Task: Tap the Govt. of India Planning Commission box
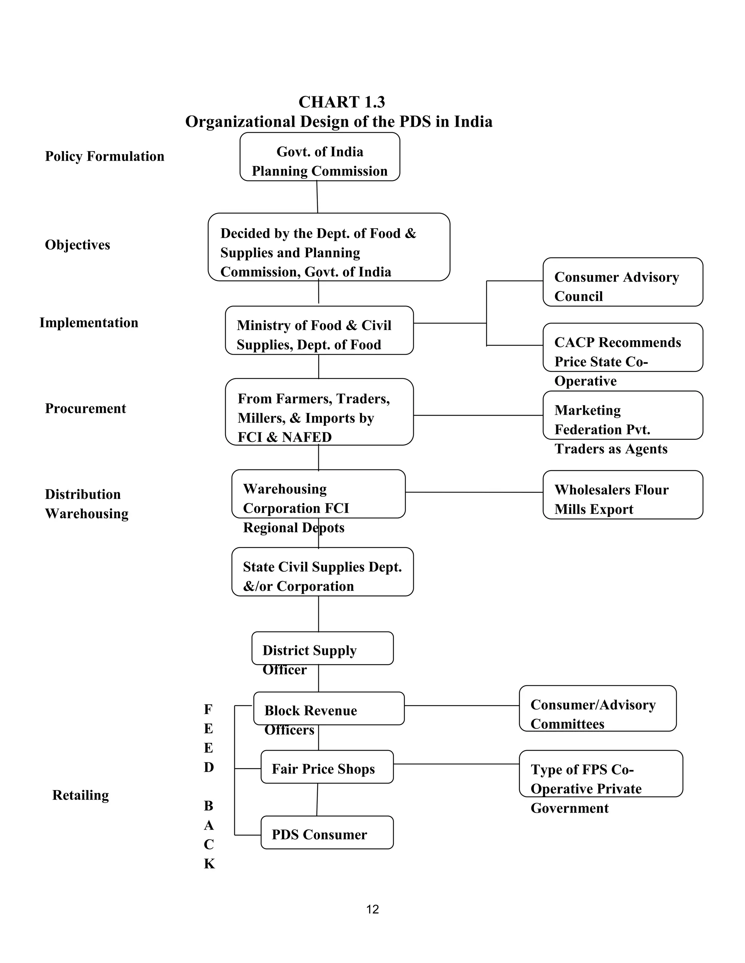319,157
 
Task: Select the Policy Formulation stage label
105,156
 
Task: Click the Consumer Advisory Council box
622,282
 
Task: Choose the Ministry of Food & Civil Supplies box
319,330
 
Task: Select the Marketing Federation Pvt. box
622,415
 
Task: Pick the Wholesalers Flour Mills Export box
622,495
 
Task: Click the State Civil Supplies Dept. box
322,572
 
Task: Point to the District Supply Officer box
322,649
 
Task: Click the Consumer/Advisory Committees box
597,709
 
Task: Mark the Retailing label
80,795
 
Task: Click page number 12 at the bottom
372,909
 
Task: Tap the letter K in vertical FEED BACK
209,864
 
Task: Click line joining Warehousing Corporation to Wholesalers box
474,492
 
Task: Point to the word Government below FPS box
569,808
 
